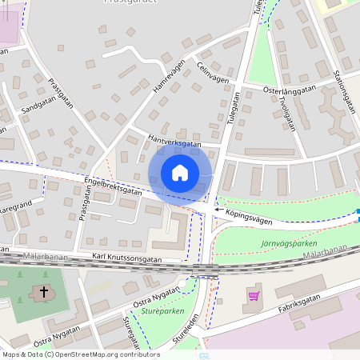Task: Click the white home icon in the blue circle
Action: [180, 172]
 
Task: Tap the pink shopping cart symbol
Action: [254, 296]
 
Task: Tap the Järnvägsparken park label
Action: [289, 243]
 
